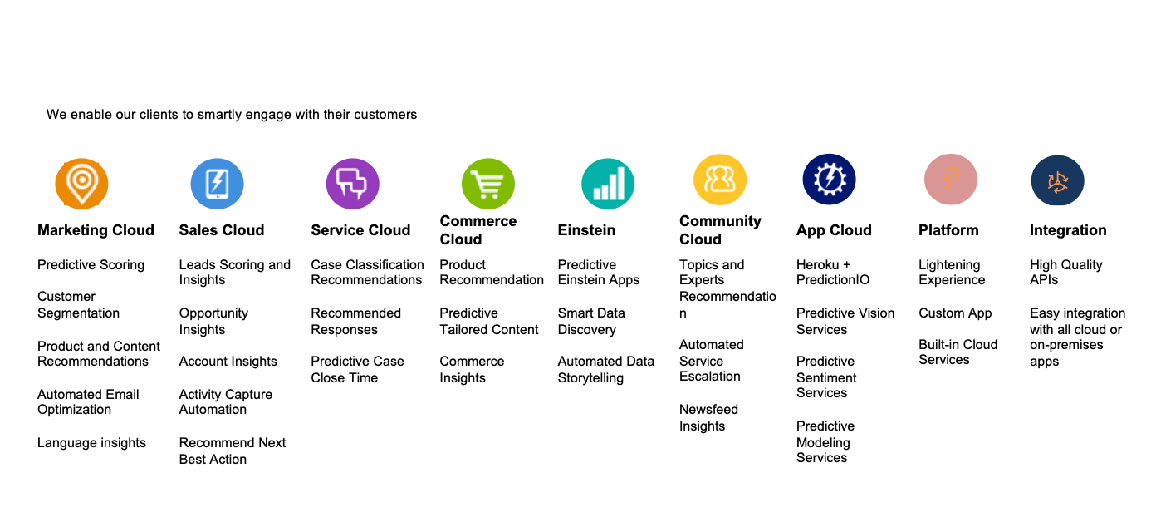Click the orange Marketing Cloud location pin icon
point(81,184)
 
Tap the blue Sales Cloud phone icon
point(217,184)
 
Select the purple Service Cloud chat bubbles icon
point(352,184)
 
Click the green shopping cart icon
point(487,184)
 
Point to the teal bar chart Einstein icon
point(607,184)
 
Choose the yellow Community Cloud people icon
point(719,180)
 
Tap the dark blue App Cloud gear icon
point(829,180)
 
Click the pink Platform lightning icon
point(950,180)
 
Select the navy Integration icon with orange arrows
point(1057,180)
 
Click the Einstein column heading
point(586,229)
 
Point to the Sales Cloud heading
point(222,229)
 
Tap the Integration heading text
point(1068,230)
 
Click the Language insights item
point(91,443)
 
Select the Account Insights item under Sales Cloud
point(228,362)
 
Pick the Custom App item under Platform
point(955,313)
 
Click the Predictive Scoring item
point(91,265)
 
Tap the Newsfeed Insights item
point(708,418)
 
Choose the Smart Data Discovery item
point(591,321)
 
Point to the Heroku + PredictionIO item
point(832,272)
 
